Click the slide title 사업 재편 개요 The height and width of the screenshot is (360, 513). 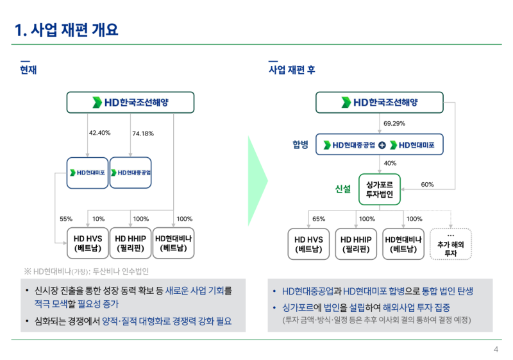tap(67, 30)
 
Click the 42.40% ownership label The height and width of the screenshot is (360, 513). tap(100, 133)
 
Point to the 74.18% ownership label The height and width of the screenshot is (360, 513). tap(143, 133)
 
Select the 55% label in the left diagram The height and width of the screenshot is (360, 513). tap(66, 219)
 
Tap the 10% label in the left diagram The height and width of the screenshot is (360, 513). tap(98, 219)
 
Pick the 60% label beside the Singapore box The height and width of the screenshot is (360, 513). tap(427, 185)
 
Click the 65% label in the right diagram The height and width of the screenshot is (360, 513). tap(319, 219)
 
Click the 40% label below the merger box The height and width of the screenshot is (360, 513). tap(390, 163)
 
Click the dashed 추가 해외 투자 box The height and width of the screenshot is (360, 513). tap(450, 244)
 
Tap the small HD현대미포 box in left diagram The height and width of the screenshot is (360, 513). tap(88, 173)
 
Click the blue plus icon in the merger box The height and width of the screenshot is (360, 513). tap(382, 144)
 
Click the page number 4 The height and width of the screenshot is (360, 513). tap(496, 349)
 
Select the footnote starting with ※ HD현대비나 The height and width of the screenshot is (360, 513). tap(86, 270)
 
